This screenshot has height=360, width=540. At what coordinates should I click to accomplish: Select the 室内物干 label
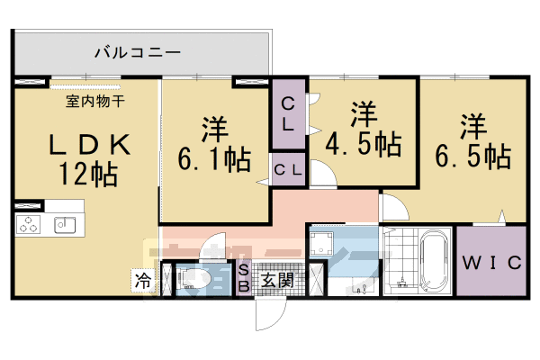click(x=94, y=100)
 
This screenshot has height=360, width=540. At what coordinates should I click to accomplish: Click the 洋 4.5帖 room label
click(x=363, y=130)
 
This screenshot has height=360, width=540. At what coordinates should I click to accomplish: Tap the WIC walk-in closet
click(x=491, y=263)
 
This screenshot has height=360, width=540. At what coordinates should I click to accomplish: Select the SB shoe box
click(x=243, y=279)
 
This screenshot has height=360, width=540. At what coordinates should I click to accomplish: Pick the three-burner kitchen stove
click(x=30, y=225)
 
